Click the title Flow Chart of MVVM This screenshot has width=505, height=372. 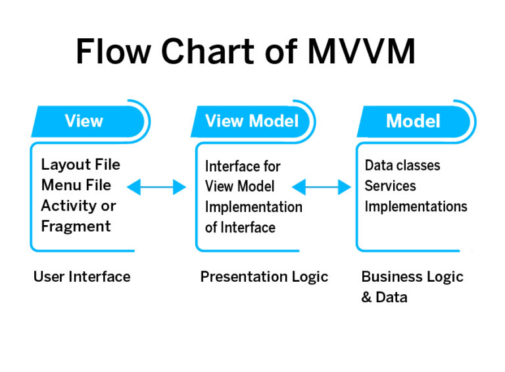(x=245, y=51)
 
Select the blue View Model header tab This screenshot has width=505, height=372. (x=252, y=121)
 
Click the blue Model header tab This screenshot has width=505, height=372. (x=413, y=121)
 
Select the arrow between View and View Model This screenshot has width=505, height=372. (x=156, y=188)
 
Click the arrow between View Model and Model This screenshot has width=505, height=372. (x=322, y=188)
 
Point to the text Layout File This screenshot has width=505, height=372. (x=80, y=165)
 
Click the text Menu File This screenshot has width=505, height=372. (x=76, y=185)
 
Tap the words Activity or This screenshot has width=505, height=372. (x=78, y=205)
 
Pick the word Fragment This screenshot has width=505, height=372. (x=76, y=226)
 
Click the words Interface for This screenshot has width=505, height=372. (x=243, y=166)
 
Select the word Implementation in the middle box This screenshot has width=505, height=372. (x=253, y=207)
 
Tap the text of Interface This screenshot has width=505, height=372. (x=240, y=227)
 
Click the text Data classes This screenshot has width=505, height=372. (x=402, y=165)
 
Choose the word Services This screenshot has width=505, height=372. (x=390, y=186)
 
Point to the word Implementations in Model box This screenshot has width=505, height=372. (x=416, y=207)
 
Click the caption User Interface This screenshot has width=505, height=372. (x=82, y=277)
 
